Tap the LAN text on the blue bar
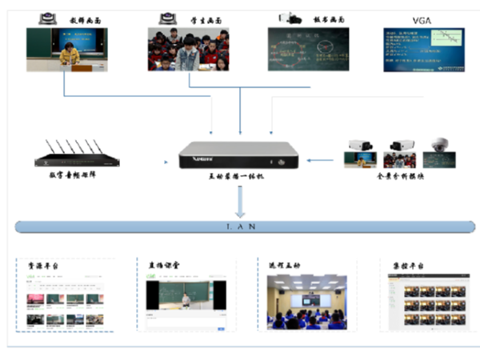point(241,227)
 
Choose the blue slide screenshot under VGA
point(423,50)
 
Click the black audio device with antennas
point(78,157)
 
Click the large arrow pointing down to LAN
point(240,206)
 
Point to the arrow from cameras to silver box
point(321,161)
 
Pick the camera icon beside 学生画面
point(168,16)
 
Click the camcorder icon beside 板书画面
point(288,16)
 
